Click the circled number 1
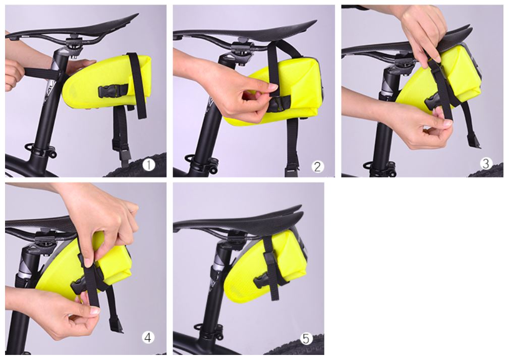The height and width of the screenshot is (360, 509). point(149,165)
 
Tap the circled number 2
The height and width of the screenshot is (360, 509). point(317,166)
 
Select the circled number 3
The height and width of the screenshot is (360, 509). point(486,163)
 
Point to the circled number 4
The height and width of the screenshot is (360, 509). point(148,338)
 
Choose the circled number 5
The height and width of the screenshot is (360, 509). point(306,339)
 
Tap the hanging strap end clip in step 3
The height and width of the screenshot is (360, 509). point(474,142)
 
